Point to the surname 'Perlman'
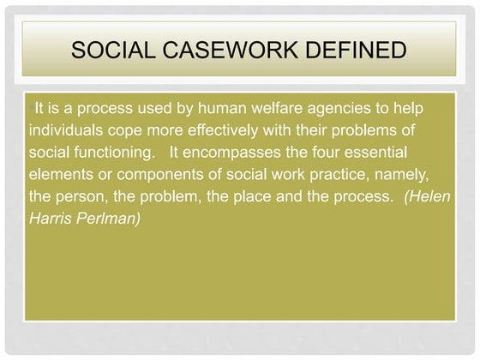click(x=107, y=217)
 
